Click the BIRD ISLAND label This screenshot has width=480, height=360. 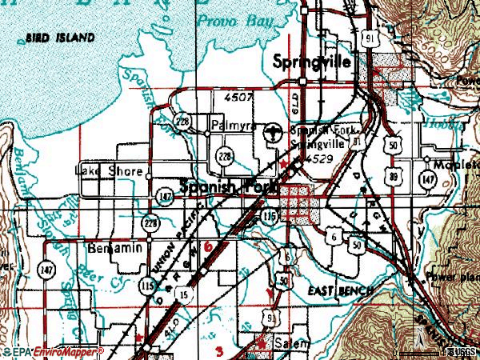[x=59, y=38]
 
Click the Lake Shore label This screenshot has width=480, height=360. [x=109, y=171]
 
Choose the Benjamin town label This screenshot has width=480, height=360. [x=115, y=247]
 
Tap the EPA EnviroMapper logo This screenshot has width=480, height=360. [x=53, y=351]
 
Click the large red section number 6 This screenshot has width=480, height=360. [x=210, y=250]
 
